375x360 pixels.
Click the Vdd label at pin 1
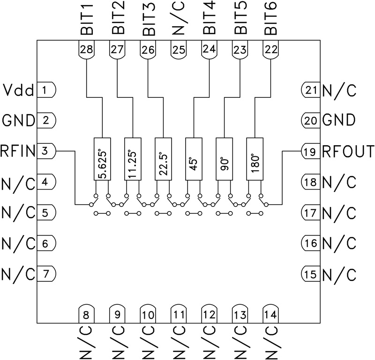click(x=18, y=89)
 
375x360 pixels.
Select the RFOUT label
click(x=348, y=151)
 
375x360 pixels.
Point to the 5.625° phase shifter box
click(x=102, y=159)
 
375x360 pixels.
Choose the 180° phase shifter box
click(x=255, y=159)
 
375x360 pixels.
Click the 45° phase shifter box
click(x=194, y=159)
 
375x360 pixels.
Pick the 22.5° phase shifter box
click(x=163, y=159)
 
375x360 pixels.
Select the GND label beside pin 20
click(x=338, y=121)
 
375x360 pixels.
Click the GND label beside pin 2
click(x=18, y=120)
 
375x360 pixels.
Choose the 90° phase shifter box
click(x=224, y=159)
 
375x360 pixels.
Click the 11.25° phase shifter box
click(x=132, y=159)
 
